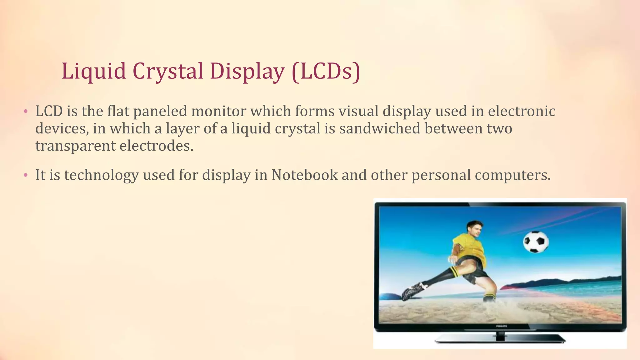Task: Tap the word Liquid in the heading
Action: (94, 71)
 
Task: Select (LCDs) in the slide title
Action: (326, 71)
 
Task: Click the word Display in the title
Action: (247, 71)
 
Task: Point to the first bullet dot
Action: (26, 112)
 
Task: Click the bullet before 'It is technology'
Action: (26, 175)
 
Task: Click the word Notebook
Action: (304, 175)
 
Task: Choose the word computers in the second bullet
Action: (512, 175)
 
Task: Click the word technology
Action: (102, 175)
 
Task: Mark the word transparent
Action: (75, 146)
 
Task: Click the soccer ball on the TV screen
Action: (536, 242)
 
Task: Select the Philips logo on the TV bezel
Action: (501, 326)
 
